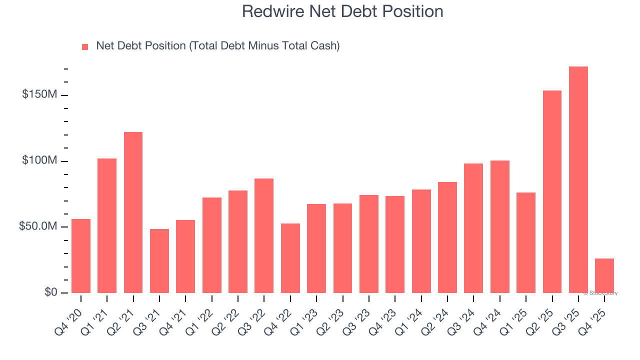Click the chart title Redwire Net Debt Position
coord(342,11)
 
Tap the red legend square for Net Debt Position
coord(85,46)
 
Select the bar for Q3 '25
coord(578,179)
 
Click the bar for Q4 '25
coord(604,275)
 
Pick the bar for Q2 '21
coord(133,212)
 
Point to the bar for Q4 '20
coord(81,256)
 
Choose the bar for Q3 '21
coord(159,261)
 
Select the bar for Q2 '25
coord(552,191)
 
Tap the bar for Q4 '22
coord(290,258)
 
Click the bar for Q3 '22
coord(264,235)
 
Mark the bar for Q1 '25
coord(526,242)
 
